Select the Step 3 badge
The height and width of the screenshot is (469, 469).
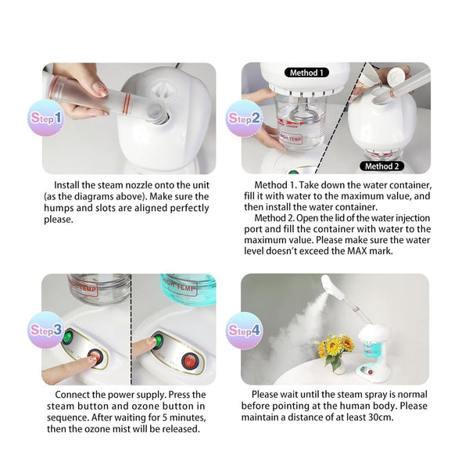[45, 329]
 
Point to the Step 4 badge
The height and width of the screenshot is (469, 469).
[244, 329]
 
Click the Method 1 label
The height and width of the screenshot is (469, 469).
[304, 73]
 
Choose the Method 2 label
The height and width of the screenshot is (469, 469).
[381, 166]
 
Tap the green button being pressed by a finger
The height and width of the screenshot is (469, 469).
[156, 341]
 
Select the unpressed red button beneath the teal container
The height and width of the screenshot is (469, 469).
[188, 361]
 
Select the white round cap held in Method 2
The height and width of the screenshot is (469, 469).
[398, 73]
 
